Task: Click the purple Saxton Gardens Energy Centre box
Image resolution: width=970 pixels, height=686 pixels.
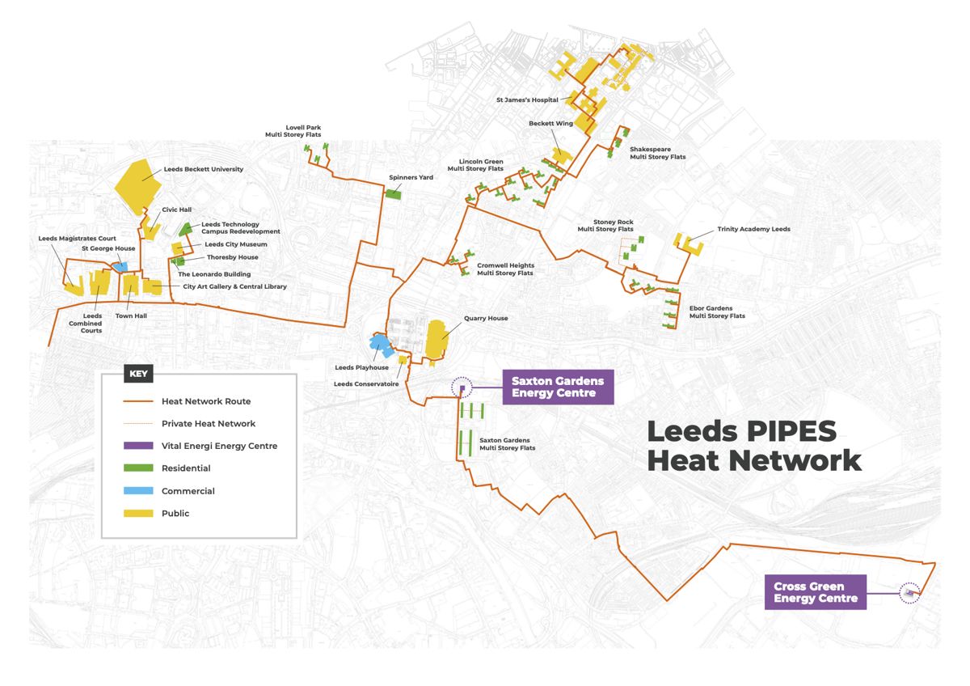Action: click(x=558, y=387)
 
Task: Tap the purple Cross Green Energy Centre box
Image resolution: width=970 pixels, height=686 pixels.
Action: click(x=815, y=592)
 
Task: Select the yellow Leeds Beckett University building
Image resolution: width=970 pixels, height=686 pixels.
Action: click(x=138, y=186)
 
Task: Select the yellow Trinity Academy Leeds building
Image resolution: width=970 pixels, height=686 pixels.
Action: click(x=689, y=243)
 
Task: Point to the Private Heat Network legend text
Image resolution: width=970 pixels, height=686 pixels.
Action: click(x=209, y=423)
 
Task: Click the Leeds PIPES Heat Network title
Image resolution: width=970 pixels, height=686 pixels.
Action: click(x=753, y=446)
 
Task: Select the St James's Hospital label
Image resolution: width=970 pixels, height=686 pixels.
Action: click(x=527, y=100)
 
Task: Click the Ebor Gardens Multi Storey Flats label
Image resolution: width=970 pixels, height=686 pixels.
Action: click(x=717, y=311)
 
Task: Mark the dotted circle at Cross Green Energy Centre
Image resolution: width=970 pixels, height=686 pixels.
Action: click(x=910, y=593)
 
